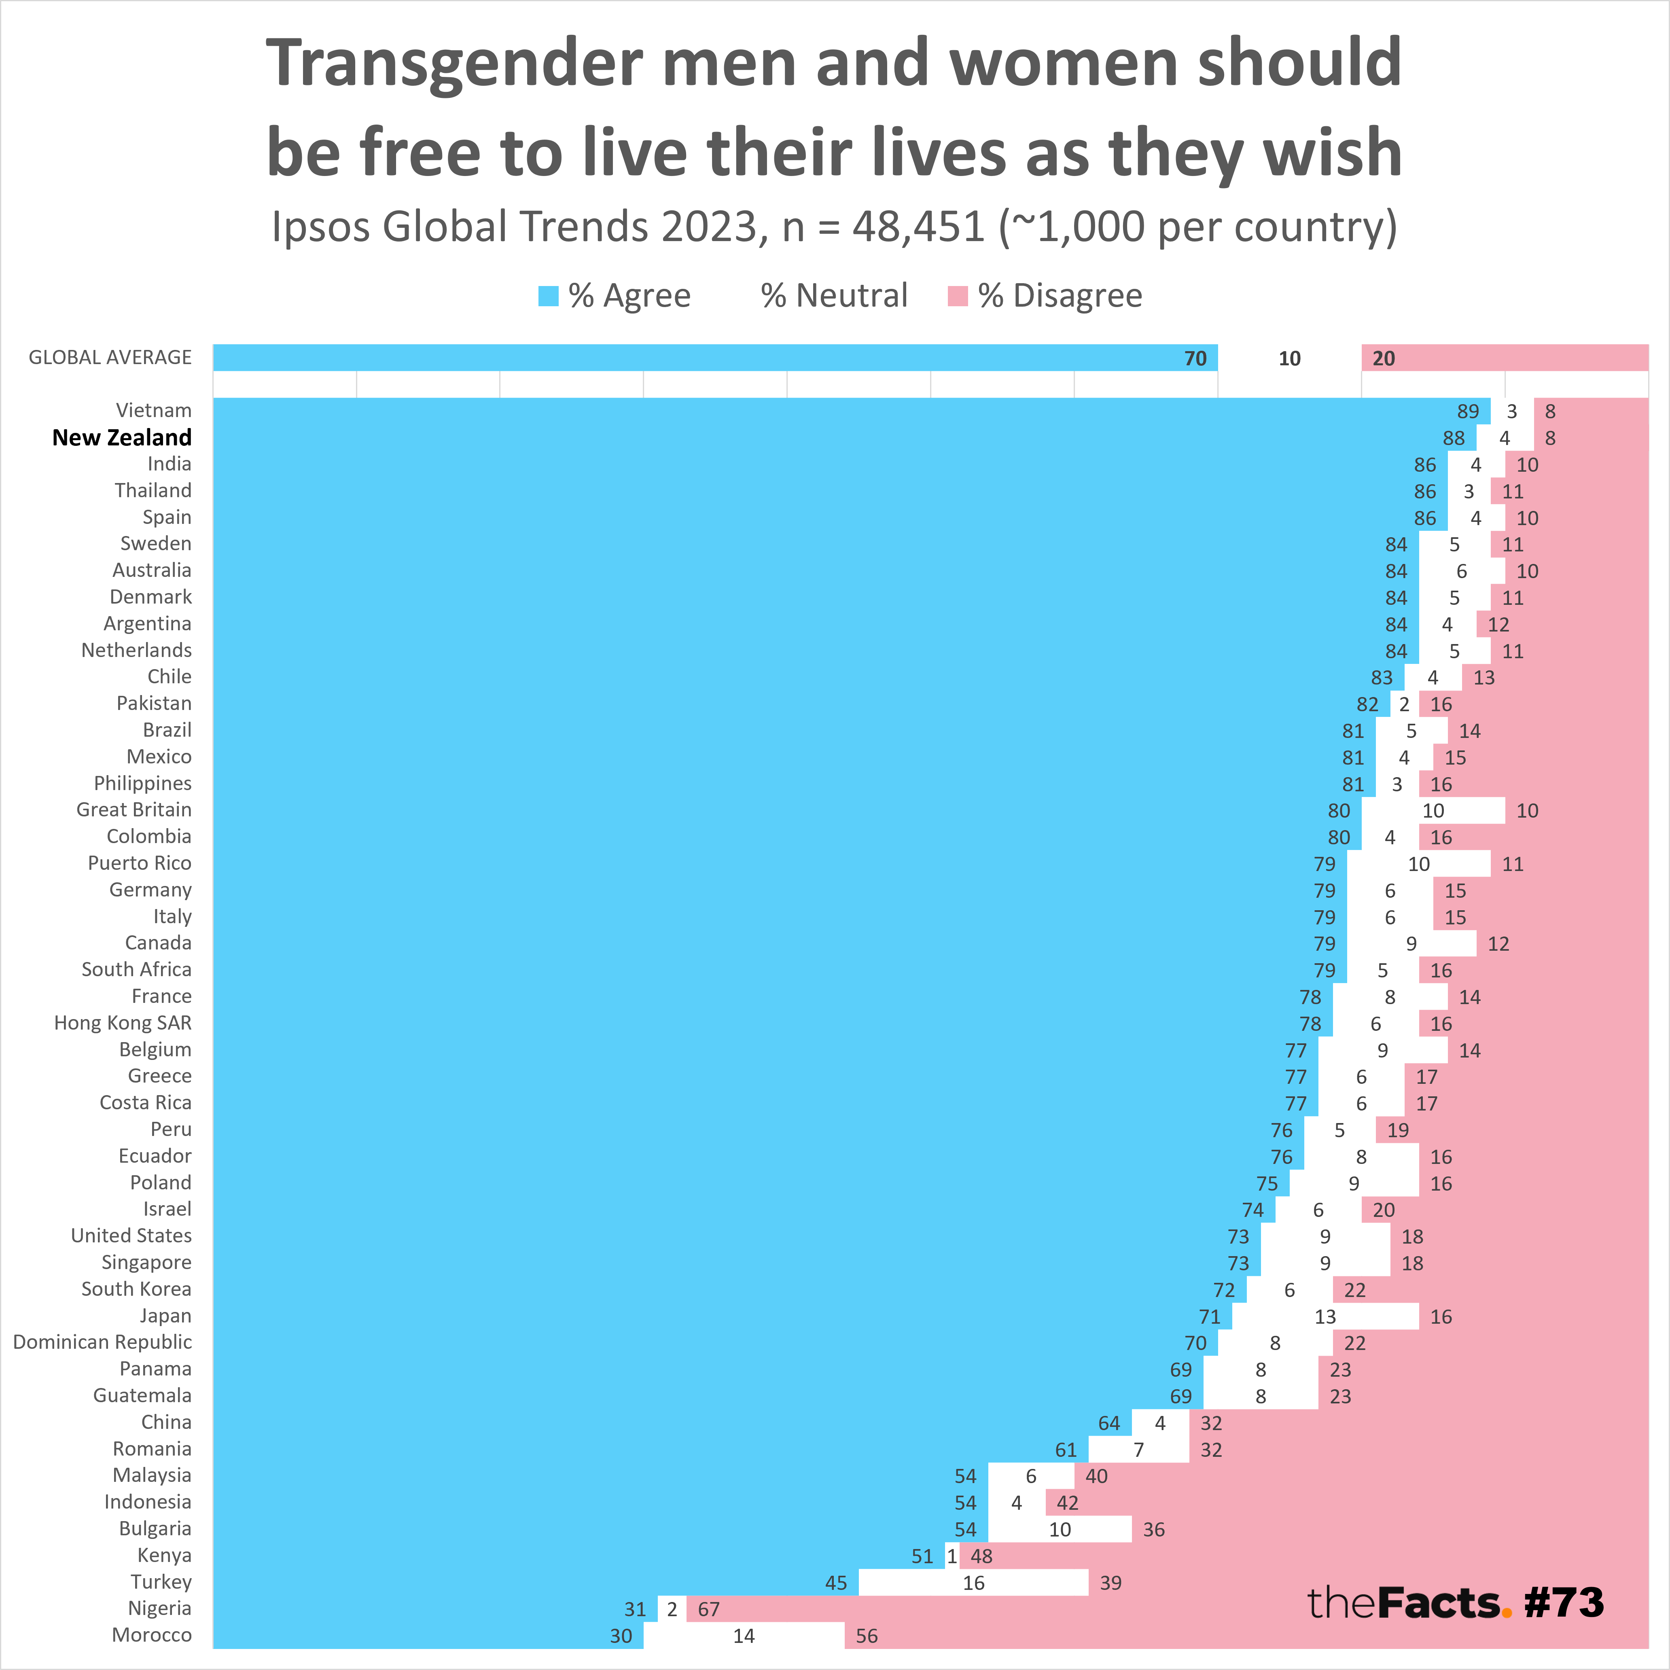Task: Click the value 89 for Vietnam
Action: [1468, 411]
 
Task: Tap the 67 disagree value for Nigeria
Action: [709, 1609]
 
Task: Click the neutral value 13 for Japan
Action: [1325, 1316]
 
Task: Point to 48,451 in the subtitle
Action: [918, 227]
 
